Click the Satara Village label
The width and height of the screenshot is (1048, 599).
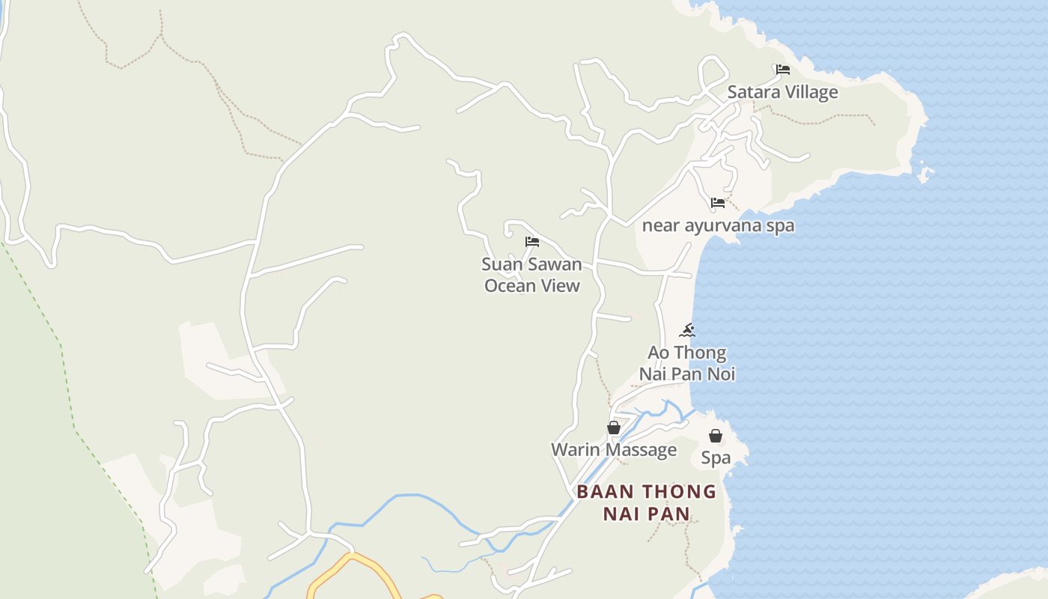782,92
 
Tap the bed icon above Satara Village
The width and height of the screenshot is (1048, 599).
783,70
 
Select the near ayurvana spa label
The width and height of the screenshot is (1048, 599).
718,225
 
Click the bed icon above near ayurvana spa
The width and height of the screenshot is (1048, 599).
718,202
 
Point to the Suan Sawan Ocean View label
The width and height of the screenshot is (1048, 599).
531,275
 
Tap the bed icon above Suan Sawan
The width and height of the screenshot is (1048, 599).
532,241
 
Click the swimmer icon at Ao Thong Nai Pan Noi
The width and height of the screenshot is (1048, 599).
687,330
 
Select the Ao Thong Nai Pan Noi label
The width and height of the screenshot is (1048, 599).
687,363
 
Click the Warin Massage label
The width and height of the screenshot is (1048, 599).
614,450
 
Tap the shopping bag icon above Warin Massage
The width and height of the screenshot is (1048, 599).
614,428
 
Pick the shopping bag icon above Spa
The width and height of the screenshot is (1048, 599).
716,436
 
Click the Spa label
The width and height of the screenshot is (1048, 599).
716,458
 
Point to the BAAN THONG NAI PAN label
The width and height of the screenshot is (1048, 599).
646,502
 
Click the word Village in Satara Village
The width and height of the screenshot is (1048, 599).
811,92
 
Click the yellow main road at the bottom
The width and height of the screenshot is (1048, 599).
352,562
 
